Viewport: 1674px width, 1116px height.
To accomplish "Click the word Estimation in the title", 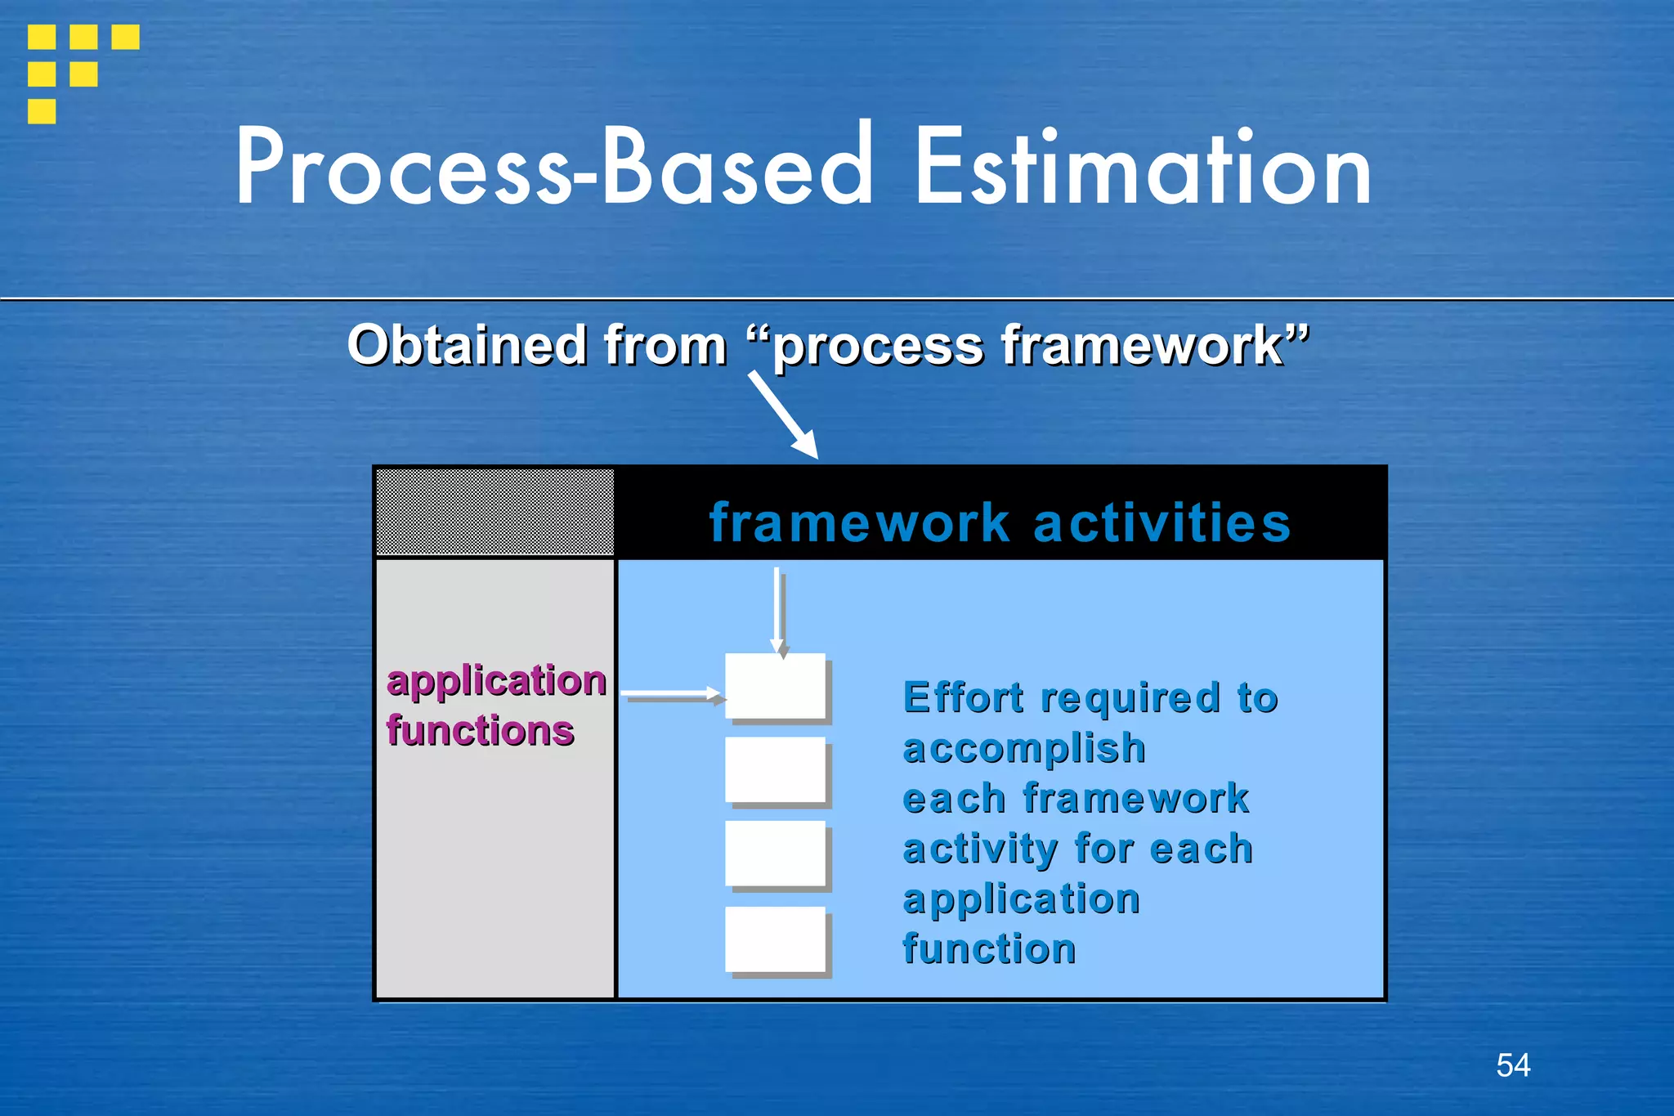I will tap(1143, 168).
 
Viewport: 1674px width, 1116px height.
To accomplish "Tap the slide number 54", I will tap(1513, 1065).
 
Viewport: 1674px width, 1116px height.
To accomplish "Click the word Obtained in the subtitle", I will tap(466, 345).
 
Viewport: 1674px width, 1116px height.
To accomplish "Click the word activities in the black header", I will tap(1162, 523).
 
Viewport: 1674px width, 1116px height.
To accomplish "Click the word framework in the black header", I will tap(859, 523).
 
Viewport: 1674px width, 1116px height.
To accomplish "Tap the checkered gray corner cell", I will tap(495, 512).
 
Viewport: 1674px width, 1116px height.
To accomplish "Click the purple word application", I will tap(496, 681).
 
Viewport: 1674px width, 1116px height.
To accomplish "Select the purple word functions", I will tap(480, 731).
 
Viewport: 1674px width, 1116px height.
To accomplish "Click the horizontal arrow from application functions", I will tap(672, 695).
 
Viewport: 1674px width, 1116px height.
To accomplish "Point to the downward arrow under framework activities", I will tap(777, 609).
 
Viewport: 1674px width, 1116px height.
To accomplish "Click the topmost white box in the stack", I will tap(775, 686).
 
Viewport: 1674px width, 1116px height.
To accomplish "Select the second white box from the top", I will tap(775, 769).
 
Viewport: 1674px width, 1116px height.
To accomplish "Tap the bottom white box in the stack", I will tap(775, 939).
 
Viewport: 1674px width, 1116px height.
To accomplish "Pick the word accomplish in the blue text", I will tap(1023, 749).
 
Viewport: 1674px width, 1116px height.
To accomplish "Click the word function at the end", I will tap(989, 949).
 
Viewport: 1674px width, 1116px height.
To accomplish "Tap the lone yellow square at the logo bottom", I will tap(42, 111).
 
